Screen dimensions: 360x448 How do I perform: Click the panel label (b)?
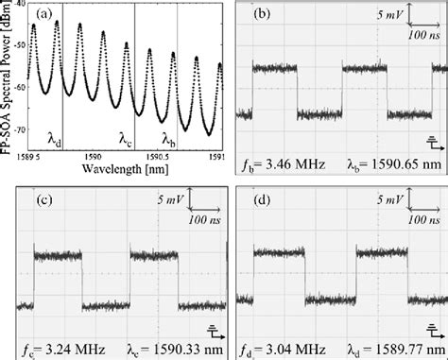pos(259,16)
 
